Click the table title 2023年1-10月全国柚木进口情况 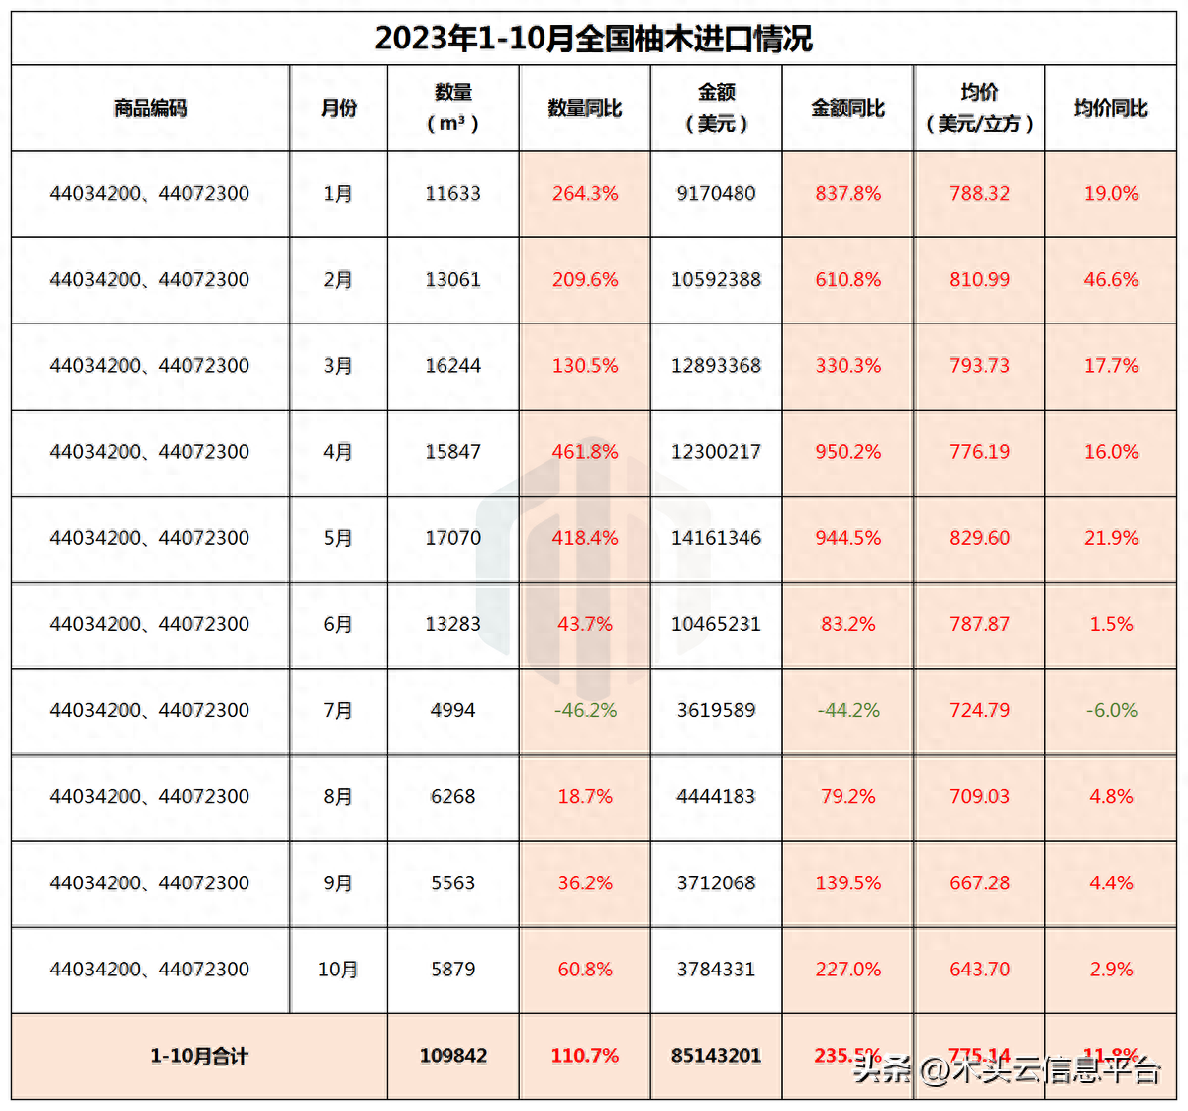[593, 38]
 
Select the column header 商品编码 [150, 108]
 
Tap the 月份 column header [339, 108]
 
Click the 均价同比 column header [1111, 108]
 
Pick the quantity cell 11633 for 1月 [452, 194]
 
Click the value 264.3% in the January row [585, 194]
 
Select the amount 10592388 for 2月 [716, 280]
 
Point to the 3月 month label [339, 366]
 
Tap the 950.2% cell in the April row [848, 452]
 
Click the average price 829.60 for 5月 [980, 538]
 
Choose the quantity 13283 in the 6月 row [452, 624]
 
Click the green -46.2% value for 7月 [585, 710]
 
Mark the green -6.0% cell [1111, 710]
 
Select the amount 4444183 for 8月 [716, 796]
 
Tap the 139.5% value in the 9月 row [848, 882]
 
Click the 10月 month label [339, 970]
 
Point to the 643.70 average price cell [980, 970]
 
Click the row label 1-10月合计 [199, 1056]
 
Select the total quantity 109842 [452, 1056]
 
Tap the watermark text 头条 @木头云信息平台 [1007, 1069]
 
